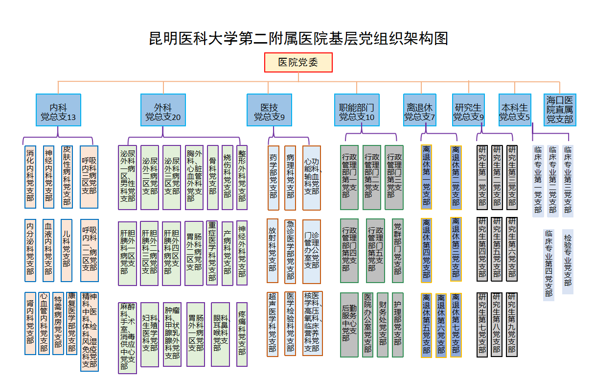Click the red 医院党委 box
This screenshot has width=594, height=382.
298,62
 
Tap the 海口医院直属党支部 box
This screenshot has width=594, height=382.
560,110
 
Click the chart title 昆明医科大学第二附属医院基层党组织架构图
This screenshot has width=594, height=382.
298,38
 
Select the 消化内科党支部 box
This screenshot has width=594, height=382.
30,176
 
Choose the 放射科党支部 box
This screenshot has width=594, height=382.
273,250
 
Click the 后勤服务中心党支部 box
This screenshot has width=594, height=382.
349,325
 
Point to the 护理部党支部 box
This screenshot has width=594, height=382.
398,325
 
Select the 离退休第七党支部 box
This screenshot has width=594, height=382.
456,325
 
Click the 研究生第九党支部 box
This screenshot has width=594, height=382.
512,324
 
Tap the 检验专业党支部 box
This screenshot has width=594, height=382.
568,262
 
